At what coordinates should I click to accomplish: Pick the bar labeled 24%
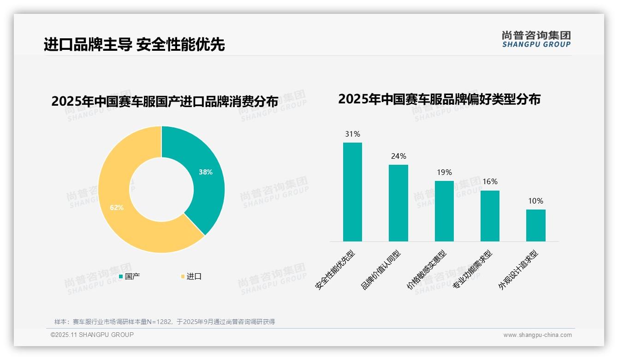(398, 203)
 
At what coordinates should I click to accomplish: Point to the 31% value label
(352, 134)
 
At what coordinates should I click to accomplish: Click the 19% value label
(444, 173)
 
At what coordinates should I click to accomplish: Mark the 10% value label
(535, 201)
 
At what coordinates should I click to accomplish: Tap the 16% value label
(490, 182)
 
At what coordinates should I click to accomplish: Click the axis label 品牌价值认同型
(381, 270)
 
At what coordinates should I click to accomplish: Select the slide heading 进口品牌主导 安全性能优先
(134, 44)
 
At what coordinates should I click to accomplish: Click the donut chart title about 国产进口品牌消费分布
(165, 101)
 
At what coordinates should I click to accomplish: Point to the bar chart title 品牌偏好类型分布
(439, 99)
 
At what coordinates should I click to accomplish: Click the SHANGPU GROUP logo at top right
(536, 39)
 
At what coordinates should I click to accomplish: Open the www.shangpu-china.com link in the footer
(537, 335)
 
